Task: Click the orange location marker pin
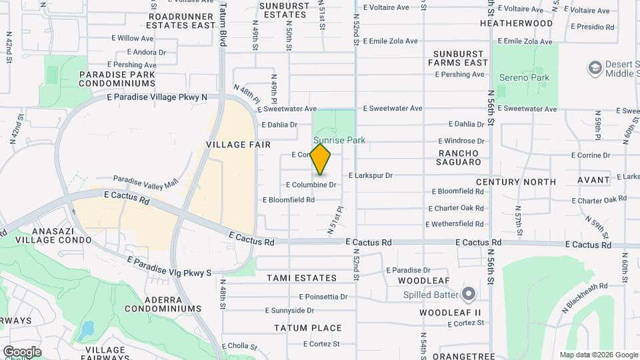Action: [x=321, y=159]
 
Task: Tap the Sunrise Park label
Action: [x=339, y=141]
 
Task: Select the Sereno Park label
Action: [x=525, y=78]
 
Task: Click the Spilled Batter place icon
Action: [x=469, y=294]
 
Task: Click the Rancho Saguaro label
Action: [x=459, y=157]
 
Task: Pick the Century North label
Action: [x=515, y=181]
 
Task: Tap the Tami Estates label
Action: [x=302, y=277]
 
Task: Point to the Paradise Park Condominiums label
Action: [x=117, y=79]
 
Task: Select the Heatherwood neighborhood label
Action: [x=516, y=23]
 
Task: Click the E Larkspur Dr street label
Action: [x=371, y=175]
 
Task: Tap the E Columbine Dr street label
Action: [x=311, y=185]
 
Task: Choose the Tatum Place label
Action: [x=308, y=328]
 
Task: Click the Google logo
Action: [x=22, y=351]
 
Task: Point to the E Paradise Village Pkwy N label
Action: [x=157, y=97]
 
